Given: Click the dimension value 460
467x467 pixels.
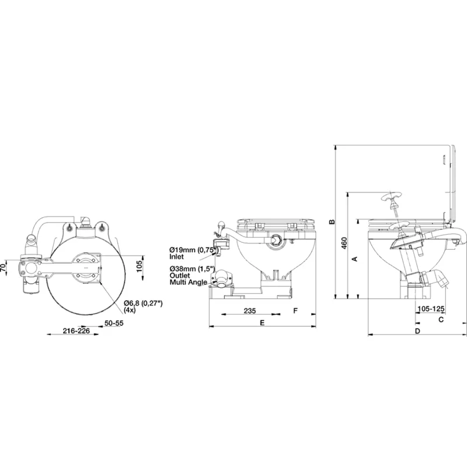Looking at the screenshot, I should [x=344, y=243].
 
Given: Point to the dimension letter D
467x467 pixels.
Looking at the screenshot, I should [x=417, y=331].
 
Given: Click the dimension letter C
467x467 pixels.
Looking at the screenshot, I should [x=441, y=319].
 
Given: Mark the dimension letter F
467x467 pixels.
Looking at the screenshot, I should [x=295, y=311].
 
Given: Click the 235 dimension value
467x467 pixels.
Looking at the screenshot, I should [x=249, y=311].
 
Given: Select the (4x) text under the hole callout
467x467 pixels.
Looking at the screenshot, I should [x=131, y=311].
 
